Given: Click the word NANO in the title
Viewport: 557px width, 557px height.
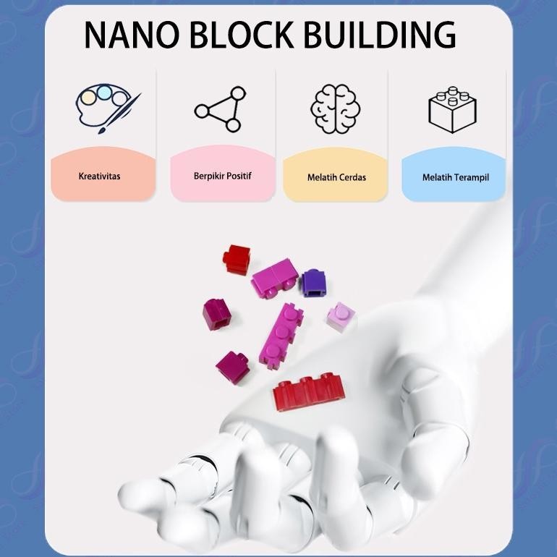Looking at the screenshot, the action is click(x=132, y=35).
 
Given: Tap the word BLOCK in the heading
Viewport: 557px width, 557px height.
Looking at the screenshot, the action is click(x=242, y=35).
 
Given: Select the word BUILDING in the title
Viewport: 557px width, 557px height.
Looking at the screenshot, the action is click(x=380, y=35).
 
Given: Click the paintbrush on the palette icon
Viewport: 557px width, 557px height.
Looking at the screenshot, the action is click(x=119, y=114).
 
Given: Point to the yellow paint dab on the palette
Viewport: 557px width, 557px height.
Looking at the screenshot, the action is click(x=88, y=98).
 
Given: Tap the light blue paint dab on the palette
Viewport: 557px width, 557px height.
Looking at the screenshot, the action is click(x=103, y=93).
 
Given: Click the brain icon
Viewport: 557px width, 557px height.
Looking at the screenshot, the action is click(x=336, y=109).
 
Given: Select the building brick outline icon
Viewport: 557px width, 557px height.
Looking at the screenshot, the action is click(x=453, y=110).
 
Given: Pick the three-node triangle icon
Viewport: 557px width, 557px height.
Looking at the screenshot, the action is click(x=220, y=109).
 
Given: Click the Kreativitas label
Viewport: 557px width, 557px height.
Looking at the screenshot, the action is click(x=100, y=177).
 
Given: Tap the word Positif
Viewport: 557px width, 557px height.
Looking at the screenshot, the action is click(x=239, y=176).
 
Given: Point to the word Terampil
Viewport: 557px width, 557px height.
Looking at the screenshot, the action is click(x=471, y=178).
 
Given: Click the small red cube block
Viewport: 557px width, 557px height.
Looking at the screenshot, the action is click(x=237, y=259).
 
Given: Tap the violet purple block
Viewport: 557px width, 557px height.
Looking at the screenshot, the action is click(x=313, y=283).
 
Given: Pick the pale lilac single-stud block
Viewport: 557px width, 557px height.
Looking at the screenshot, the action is click(x=340, y=317).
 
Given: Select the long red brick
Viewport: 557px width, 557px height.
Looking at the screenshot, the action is click(x=308, y=391).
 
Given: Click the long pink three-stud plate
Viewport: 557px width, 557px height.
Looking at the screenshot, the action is click(x=281, y=336).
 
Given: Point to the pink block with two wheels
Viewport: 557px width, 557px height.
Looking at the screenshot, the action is click(x=275, y=278).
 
